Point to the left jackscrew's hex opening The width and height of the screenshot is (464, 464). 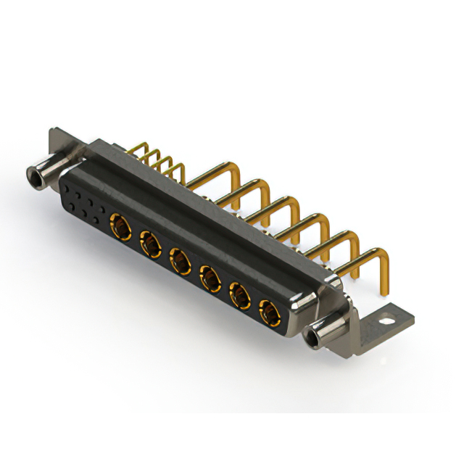click(x=33, y=175)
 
